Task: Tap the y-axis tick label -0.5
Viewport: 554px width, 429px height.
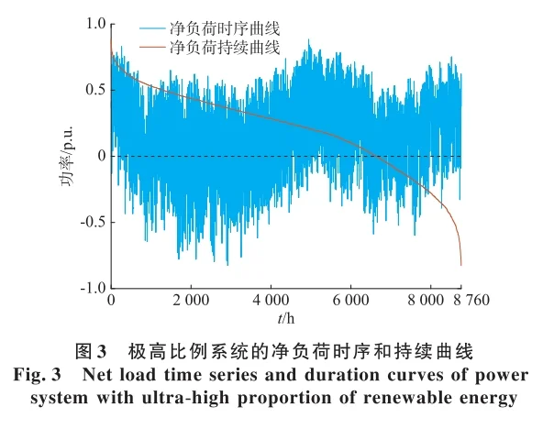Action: [91, 222]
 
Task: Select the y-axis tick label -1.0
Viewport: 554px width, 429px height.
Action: [91, 288]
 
